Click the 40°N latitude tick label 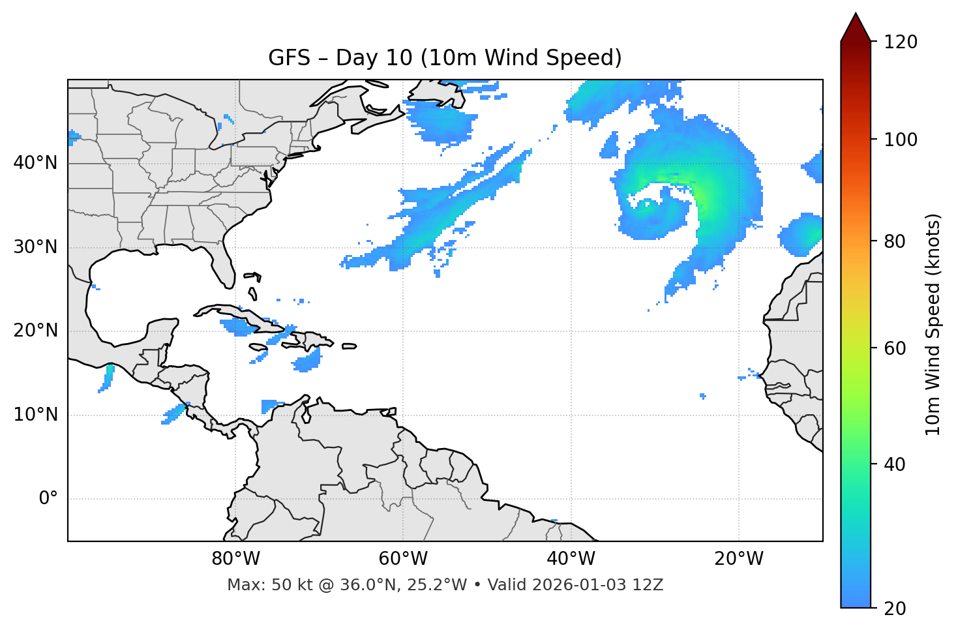(35, 163)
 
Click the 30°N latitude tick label (35, 247)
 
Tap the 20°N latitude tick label (35, 331)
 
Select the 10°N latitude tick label (35, 415)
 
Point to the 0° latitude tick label (48, 499)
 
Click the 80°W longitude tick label (235, 559)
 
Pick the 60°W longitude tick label (403, 559)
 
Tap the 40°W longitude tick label (571, 559)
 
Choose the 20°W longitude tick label (738, 559)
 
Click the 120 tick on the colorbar (901, 42)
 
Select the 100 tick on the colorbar (901, 140)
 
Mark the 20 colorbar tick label (895, 609)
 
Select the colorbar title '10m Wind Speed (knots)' (933, 324)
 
